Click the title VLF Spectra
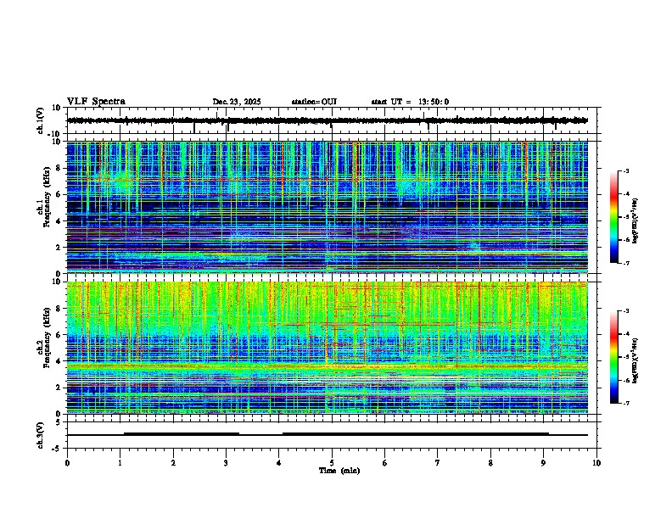pyautogui.click(x=96, y=102)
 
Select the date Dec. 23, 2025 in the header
pyautogui.click(x=237, y=102)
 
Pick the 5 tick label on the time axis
pyautogui.click(x=332, y=462)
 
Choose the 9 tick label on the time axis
pyautogui.click(x=544, y=462)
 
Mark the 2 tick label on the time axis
pyautogui.click(x=173, y=462)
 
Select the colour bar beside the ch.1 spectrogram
pyautogui.click(x=614, y=217)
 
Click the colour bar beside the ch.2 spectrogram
pyautogui.click(x=614, y=357)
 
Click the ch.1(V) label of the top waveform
pyautogui.click(x=41, y=120)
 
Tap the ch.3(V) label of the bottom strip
pyautogui.click(x=41, y=434)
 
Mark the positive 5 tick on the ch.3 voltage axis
pyautogui.click(x=58, y=421)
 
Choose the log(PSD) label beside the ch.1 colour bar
pyautogui.click(x=636, y=217)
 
